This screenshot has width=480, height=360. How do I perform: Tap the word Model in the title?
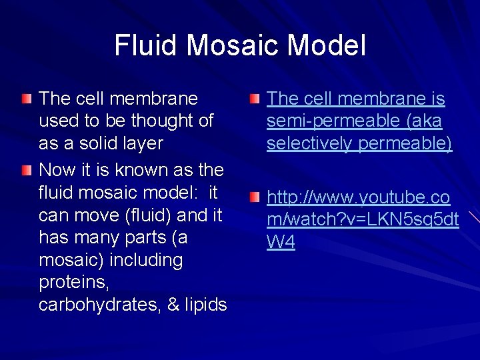click(x=331, y=45)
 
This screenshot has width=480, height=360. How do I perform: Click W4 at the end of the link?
click(x=281, y=242)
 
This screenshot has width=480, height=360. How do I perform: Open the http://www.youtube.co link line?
click(x=359, y=198)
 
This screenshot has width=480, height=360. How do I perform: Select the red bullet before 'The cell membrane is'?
click(x=256, y=99)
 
